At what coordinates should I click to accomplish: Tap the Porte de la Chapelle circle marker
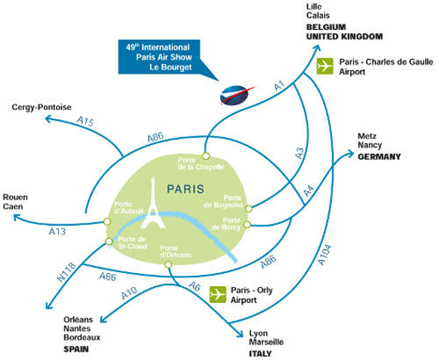coord(205,156)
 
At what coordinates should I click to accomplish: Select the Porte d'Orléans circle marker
coord(168,264)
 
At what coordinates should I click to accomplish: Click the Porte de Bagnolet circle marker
coord(248,209)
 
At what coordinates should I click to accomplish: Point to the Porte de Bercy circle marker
coord(247,224)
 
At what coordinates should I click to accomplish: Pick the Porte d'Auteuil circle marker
coord(107,222)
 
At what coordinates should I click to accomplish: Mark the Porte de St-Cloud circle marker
coord(109,241)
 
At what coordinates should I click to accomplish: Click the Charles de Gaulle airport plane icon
coord(325,66)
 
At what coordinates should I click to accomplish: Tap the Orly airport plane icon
coord(218,295)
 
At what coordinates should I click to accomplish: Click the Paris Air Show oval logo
coord(234,95)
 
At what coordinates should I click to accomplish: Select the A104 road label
coord(325,255)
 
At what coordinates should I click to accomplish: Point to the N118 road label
coord(66,271)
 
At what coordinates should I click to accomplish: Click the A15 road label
coord(85,122)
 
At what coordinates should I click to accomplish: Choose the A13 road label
coord(57,232)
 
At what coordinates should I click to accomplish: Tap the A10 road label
coord(129,293)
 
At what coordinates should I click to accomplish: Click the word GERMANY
coord(379,156)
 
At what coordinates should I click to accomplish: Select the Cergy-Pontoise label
coord(41,107)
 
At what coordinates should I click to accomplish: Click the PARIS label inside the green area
coord(186,189)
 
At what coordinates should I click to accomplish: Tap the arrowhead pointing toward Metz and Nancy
coord(350,154)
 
